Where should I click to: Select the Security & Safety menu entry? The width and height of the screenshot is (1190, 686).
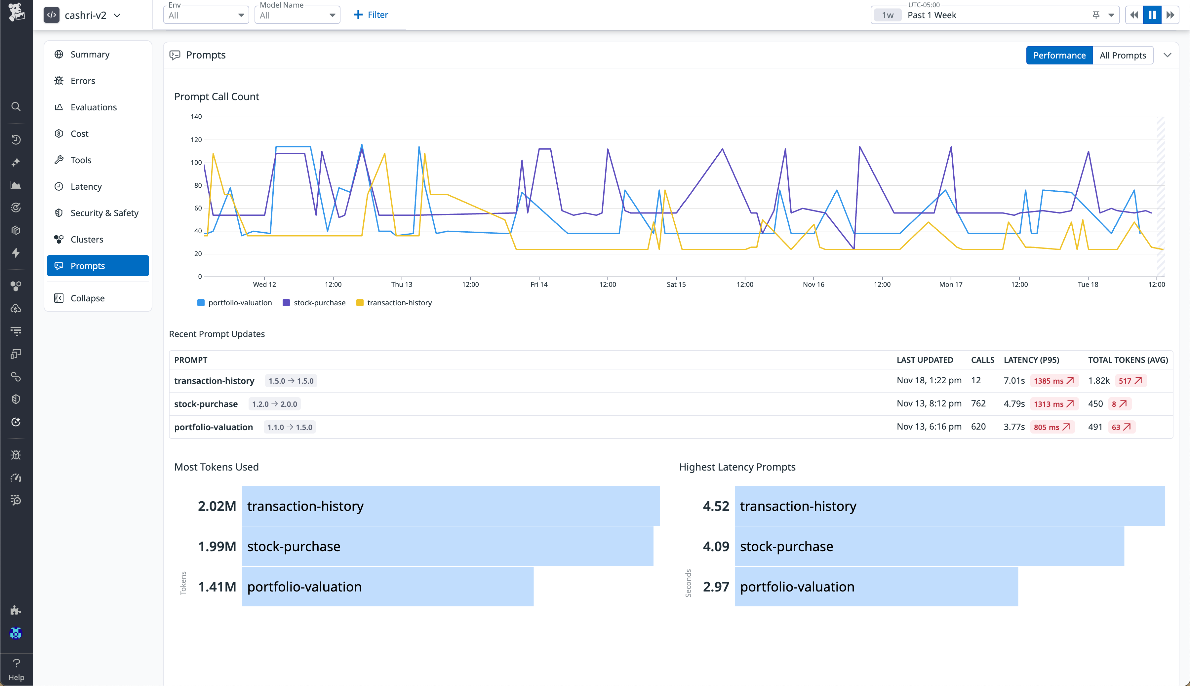coord(104,213)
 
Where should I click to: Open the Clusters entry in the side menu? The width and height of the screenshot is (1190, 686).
coord(87,239)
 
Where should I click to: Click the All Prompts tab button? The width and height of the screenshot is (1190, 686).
coord(1122,55)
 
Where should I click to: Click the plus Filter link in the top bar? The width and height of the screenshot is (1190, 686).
coord(371,15)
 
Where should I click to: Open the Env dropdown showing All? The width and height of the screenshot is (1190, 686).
coord(206,15)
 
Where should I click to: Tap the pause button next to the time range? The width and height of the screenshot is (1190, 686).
coord(1152,15)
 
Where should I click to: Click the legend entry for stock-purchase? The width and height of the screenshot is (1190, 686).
coord(319,302)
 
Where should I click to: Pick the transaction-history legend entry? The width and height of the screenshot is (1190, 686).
coord(399,302)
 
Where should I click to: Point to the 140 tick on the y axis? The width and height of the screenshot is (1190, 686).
coord(196,117)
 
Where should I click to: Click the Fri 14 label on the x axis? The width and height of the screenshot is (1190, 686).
coord(539,285)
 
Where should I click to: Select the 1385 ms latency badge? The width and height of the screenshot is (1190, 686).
coord(1053,381)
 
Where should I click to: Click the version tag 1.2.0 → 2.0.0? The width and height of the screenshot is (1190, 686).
coord(274,404)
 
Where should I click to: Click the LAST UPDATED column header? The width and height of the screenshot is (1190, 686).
coord(924,360)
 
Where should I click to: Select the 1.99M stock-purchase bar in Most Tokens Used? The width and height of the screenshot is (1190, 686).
coord(447,546)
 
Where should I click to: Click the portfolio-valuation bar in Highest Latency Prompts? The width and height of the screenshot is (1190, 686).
coord(876,587)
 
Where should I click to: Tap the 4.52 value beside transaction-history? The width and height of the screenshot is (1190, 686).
coord(715,506)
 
